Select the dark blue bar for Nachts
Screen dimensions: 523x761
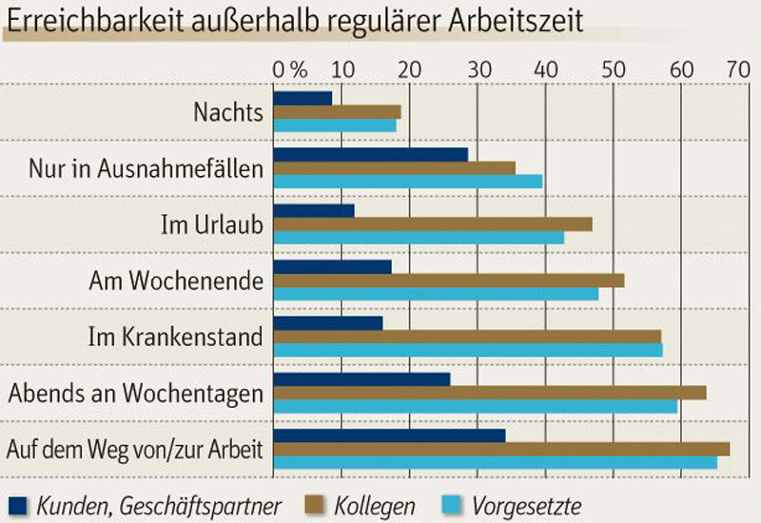tap(302, 98)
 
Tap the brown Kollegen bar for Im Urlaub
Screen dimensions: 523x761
tap(432, 223)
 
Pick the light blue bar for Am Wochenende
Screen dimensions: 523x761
tap(436, 294)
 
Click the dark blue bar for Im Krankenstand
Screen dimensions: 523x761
tap(328, 322)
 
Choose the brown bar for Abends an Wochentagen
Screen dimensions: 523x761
tap(489, 393)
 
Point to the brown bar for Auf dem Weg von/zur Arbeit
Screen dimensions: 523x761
tap(501, 449)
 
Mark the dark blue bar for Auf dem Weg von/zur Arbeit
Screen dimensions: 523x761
tap(389, 436)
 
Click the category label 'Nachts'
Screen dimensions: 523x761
tap(227, 112)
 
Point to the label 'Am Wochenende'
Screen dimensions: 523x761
tap(176, 281)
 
